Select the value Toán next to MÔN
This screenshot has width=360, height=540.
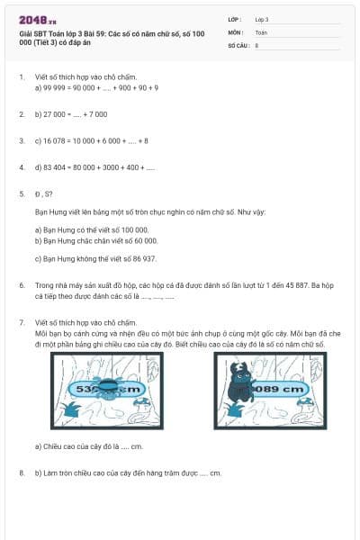pos(262,31)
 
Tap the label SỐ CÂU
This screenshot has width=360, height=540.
pos(238,44)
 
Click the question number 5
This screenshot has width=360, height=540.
pos(21,193)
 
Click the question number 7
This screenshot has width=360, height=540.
pos(21,321)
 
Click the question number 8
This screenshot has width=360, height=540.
pos(21,472)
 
